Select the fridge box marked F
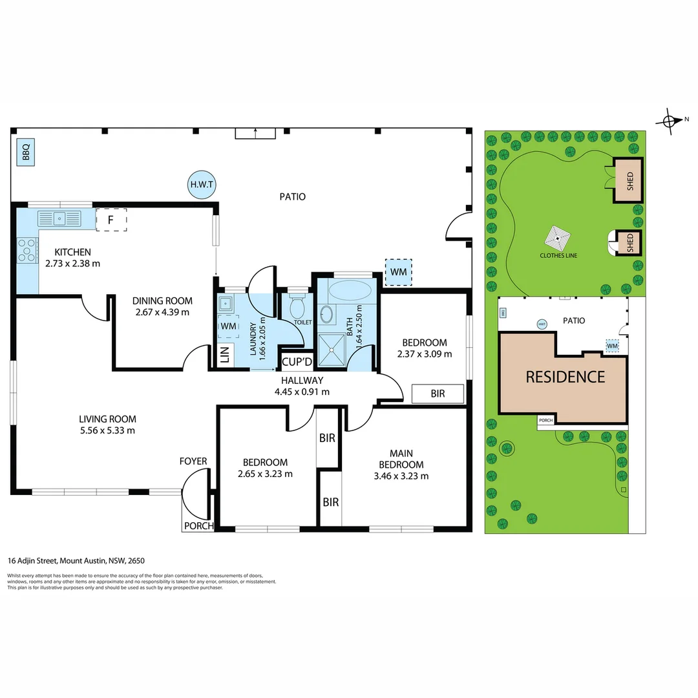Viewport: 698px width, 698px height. (x=111, y=220)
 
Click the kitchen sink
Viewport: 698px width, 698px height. (x=59, y=218)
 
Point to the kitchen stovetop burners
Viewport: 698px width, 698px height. (x=27, y=250)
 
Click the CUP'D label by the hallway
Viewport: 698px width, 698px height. (x=297, y=361)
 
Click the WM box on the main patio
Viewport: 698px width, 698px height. (x=398, y=272)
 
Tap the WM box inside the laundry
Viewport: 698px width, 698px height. (x=228, y=327)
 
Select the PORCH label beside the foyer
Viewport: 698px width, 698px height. (x=198, y=525)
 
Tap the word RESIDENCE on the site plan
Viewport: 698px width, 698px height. (x=565, y=377)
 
